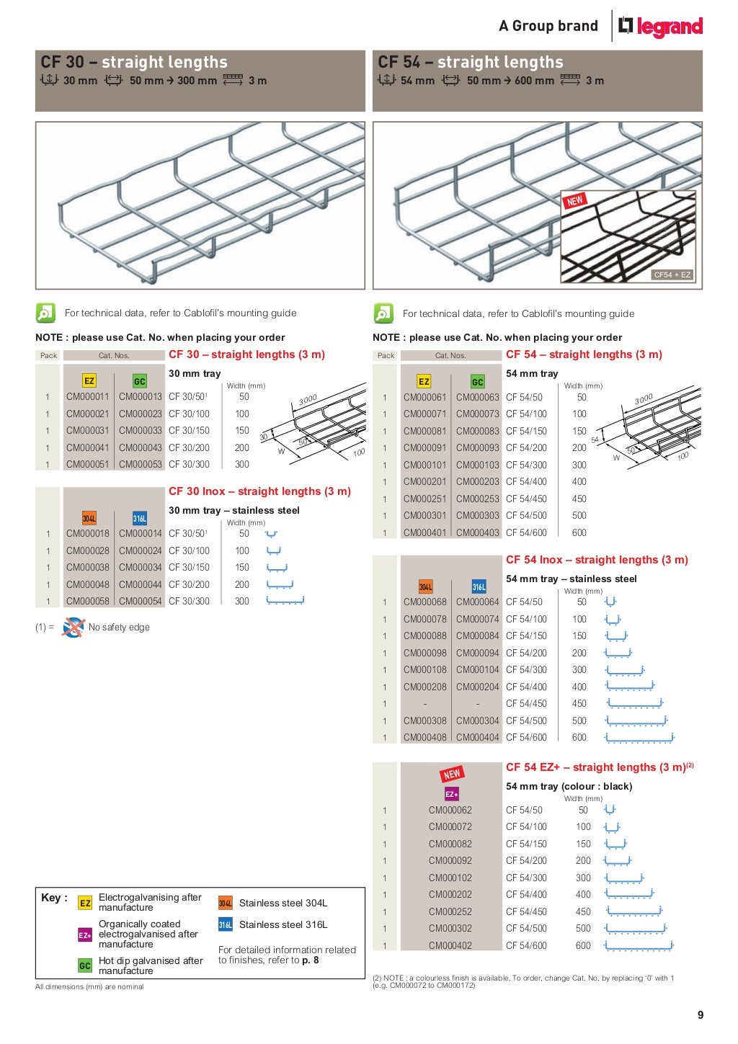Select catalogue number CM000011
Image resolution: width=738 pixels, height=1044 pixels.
pos(88,396)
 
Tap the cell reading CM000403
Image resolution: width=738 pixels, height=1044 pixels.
pos(477,532)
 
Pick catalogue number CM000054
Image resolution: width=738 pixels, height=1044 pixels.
pos(141,601)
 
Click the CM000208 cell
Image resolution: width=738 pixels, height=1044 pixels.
pos(424,687)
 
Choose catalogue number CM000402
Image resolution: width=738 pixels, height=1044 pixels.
pos(450,945)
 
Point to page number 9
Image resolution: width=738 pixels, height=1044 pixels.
pos(700,1014)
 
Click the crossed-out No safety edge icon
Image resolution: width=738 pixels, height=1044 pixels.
pos(73,627)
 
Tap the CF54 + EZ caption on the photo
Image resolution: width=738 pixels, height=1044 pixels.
pos(672,275)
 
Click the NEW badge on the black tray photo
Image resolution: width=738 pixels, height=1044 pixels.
pos(574,201)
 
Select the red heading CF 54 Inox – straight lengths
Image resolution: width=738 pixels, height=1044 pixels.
pos(597,560)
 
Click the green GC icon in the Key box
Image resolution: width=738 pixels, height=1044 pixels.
pos(85,965)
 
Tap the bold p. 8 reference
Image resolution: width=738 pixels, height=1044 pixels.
pos(311,960)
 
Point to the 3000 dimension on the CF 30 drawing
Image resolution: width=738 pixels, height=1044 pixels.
pos(308,401)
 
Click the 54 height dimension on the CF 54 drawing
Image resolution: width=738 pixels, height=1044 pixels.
pos(595,440)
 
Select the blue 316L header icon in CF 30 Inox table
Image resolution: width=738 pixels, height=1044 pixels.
pos(140,518)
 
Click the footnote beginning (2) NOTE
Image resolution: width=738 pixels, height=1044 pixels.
pos(523,981)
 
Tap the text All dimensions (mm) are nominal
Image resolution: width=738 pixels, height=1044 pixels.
pos(89,986)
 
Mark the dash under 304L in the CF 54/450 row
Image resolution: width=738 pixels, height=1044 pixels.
pos(424,704)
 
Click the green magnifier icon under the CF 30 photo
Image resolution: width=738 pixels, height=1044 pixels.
pos(45,313)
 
